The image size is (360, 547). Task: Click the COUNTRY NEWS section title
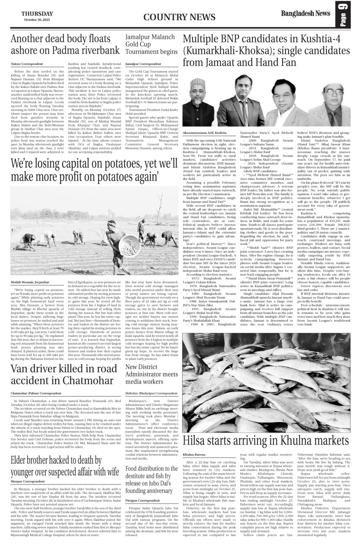(x=174, y=16)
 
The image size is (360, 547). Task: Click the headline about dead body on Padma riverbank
(x=65, y=45)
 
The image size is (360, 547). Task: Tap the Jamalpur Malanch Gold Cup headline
(x=151, y=44)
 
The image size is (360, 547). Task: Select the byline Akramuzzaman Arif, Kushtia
(x=204, y=132)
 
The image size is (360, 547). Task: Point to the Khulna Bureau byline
(x=194, y=454)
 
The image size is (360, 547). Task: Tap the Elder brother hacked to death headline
(x=65, y=465)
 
